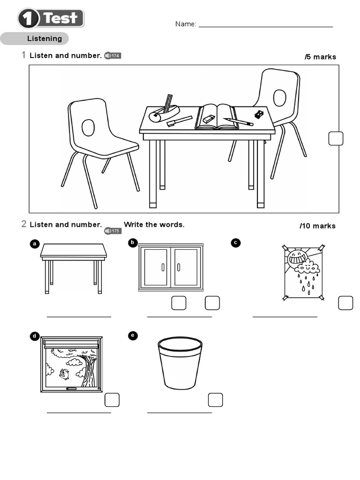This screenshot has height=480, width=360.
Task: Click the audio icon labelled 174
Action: (112, 56)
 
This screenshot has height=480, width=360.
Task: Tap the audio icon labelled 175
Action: (112, 231)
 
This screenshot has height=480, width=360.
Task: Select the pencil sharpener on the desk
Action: (259, 114)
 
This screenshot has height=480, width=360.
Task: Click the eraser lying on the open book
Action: (209, 120)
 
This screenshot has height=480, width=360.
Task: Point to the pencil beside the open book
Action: (239, 122)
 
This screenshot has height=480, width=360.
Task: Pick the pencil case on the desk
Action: (164, 113)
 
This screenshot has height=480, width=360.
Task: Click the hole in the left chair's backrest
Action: (88, 127)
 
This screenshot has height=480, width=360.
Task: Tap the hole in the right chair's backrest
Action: (279, 97)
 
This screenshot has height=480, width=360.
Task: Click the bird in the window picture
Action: (64, 374)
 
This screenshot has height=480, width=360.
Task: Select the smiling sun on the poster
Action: (297, 257)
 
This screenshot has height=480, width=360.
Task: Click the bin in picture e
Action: (180, 362)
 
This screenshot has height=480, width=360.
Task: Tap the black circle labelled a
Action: (34, 244)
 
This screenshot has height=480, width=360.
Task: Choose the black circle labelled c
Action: (236, 242)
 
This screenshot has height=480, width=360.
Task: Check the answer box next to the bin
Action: (215, 400)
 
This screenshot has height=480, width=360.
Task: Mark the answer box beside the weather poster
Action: (345, 303)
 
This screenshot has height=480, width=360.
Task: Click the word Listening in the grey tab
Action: (44, 38)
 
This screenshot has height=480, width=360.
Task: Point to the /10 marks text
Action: (318, 226)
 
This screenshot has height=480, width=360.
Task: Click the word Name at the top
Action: (185, 24)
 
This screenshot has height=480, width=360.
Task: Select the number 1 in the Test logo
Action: (29, 19)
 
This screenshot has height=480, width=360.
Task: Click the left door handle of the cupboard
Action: (163, 267)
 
